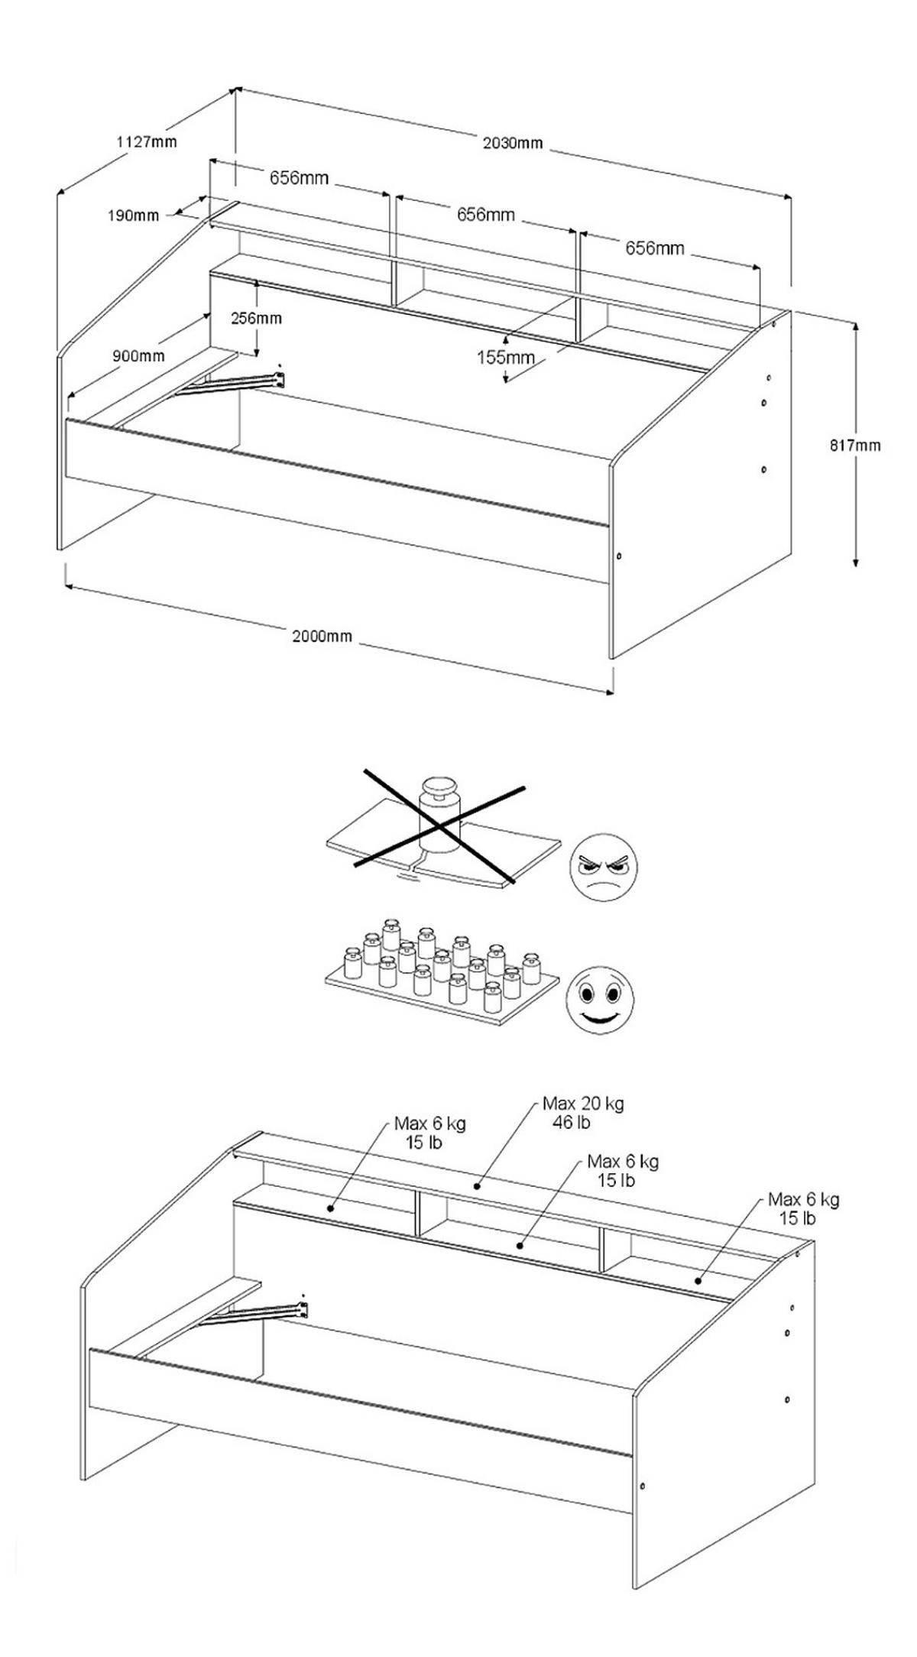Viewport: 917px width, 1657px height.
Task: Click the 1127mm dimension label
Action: pos(146,141)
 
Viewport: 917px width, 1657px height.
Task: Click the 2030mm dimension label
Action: pos(513,143)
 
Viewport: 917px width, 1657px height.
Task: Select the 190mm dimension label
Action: pos(133,216)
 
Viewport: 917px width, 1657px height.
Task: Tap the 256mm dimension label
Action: pos(256,318)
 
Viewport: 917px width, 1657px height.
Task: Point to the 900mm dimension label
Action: pos(138,356)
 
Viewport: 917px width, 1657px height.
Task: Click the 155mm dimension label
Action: pos(505,356)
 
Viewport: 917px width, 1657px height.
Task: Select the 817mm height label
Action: pos(855,446)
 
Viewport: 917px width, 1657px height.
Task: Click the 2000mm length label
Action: pos(322,636)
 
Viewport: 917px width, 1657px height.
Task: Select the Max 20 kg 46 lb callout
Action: pos(582,1112)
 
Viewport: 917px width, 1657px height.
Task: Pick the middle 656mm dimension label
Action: pos(485,215)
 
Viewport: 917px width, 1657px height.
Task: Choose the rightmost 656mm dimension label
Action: pos(655,248)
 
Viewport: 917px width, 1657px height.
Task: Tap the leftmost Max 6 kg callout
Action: pos(429,1133)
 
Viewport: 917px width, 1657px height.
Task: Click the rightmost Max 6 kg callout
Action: pos(803,1208)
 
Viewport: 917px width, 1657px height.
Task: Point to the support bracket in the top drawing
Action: pos(237,383)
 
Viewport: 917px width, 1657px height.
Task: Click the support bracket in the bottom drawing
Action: pos(260,1314)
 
